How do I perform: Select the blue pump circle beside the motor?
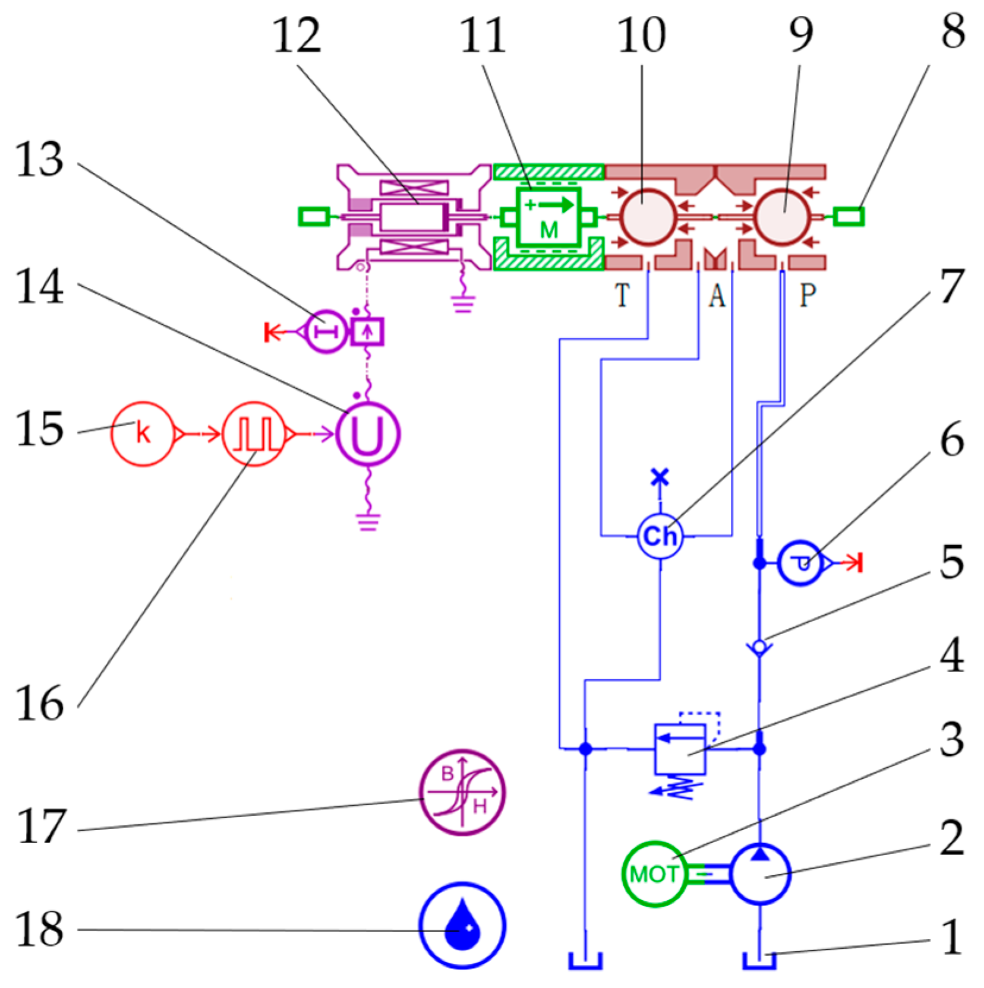pos(759,873)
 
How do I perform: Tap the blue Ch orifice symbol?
pos(660,536)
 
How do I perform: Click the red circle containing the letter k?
pos(143,434)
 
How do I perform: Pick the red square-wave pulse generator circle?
pos(254,434)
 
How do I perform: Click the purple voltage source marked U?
pos(368,434)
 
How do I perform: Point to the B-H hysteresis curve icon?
pos(462,792)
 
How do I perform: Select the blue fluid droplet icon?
pos(462,925)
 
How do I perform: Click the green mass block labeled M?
pos(548,217)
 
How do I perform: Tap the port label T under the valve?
pos(622,295)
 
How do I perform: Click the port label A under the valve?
pos(717,295)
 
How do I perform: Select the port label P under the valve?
pos(808,295)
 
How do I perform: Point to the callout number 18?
pos(39,929)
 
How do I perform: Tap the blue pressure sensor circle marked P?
pos(800,562)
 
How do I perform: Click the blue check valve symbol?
pos(759,647)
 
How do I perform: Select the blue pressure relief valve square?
pos(680,749)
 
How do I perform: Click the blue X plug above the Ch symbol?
pos(660,477)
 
